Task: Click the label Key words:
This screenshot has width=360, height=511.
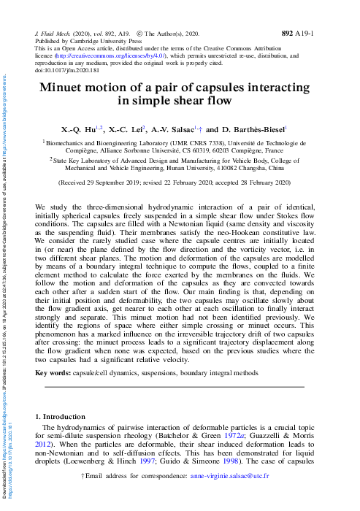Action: click(x=53, y=372)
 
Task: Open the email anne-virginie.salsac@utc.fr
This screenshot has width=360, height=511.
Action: click(x=249, y=496)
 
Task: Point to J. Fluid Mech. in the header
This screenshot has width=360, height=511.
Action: click(x=55, y=34)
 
